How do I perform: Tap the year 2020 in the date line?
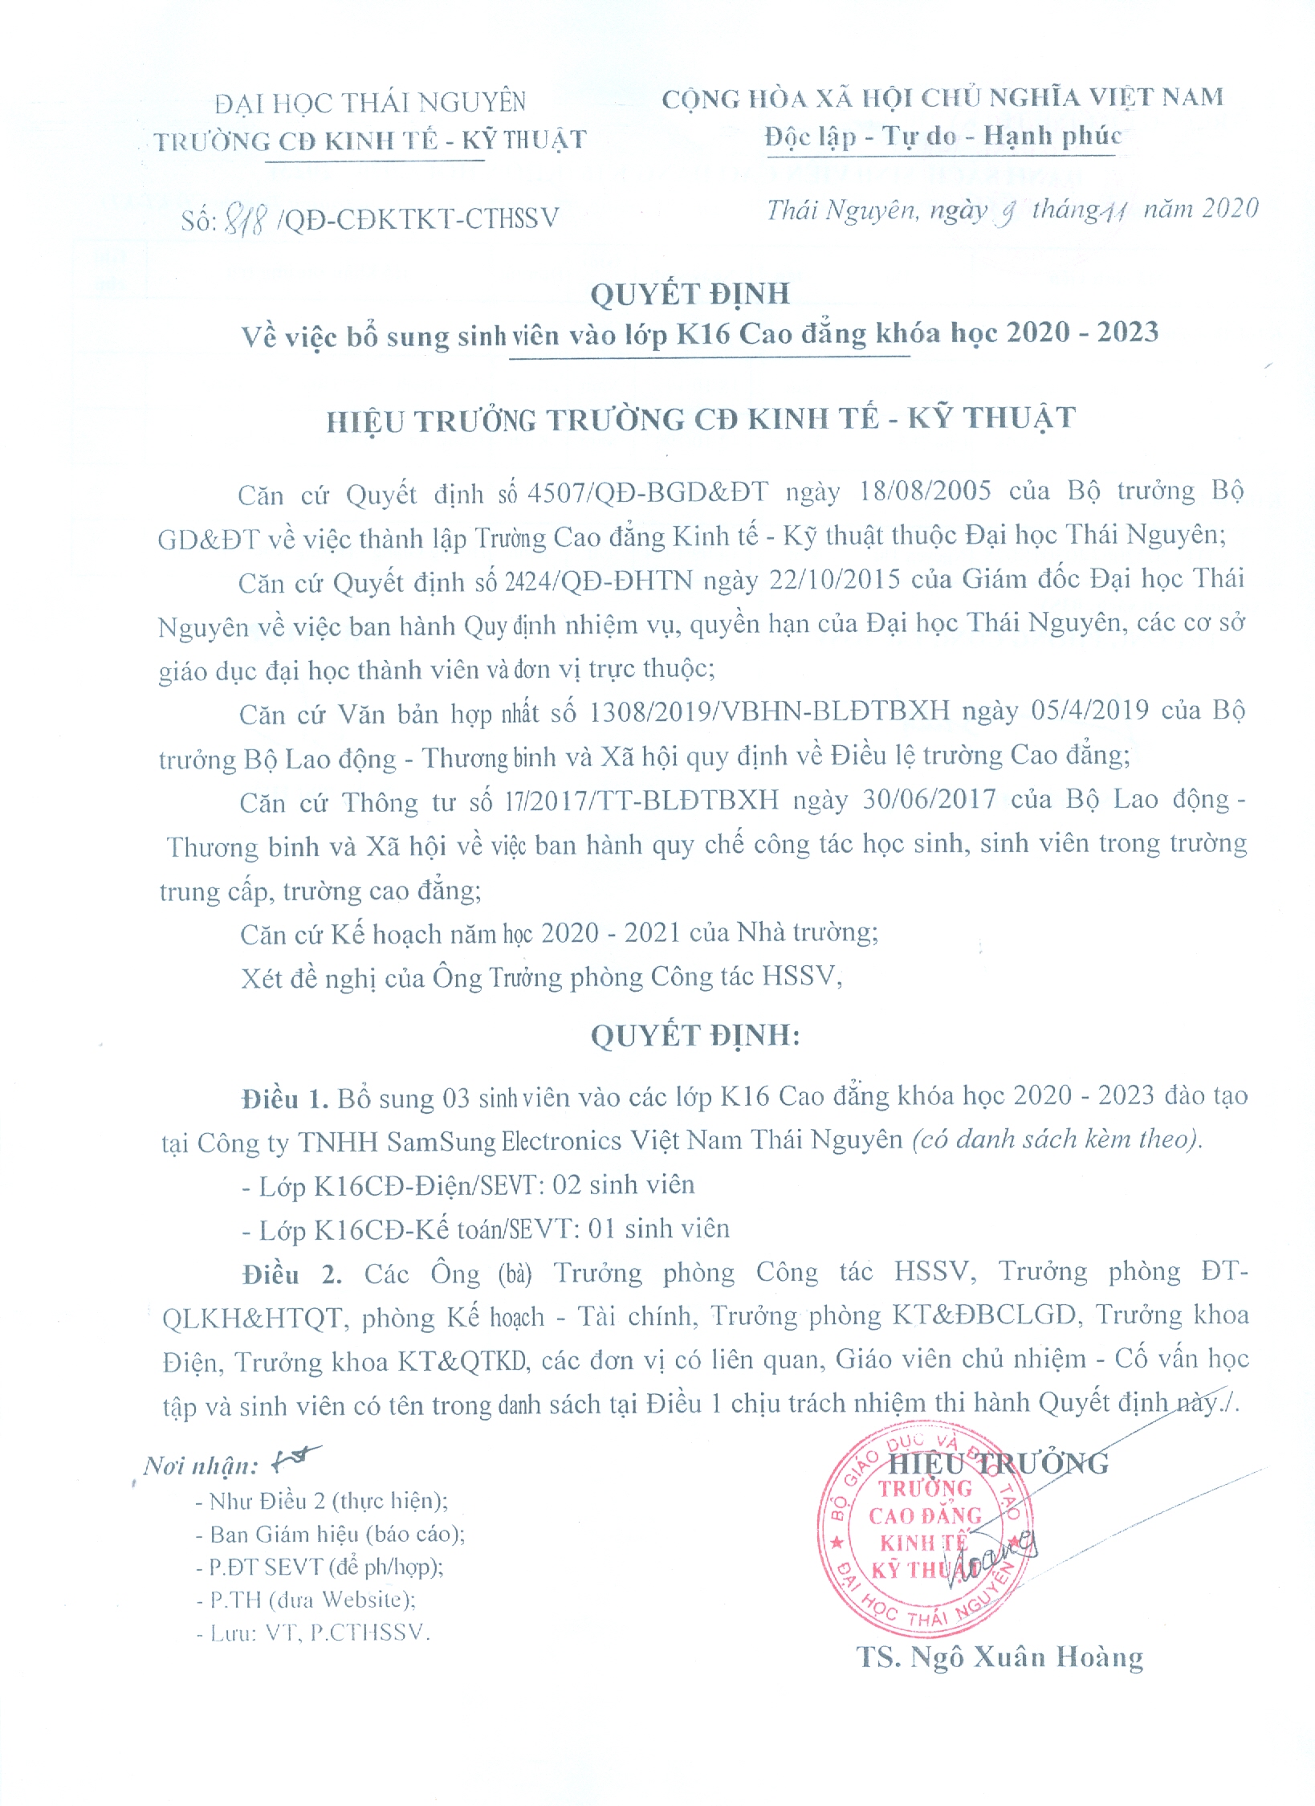point(1230,209)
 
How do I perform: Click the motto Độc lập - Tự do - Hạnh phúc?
point(942,136)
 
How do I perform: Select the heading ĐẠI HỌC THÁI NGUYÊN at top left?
point(370,103)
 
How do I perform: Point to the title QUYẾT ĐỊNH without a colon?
point(690,294)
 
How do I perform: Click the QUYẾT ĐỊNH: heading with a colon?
point(695,1035)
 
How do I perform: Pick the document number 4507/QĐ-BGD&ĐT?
point(647,491)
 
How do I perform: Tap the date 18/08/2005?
point(925,490)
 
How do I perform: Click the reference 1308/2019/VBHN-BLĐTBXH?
point(769,711)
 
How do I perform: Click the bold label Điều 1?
point(285,1099)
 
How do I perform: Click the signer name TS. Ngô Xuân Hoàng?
point(1000,1657)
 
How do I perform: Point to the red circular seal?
point(926,1534)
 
